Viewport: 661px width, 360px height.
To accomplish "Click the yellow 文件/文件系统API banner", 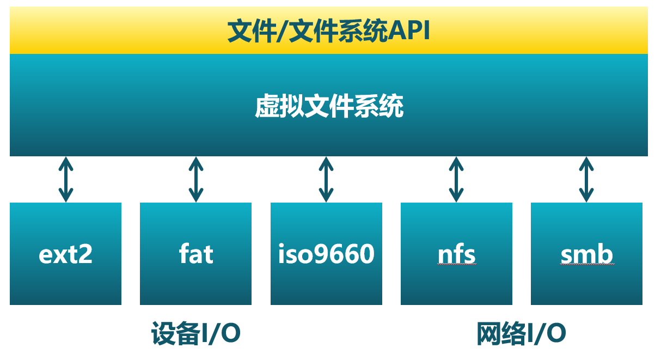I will pyautogui.click(x=329, y=31).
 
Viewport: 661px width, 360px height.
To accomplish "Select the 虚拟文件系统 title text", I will pyautogui.click(x=329, y=107).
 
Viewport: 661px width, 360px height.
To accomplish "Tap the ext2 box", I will pyautogui.click(x=65, y=254).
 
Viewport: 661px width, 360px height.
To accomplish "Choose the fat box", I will pyautogui.click(x=195, y=254).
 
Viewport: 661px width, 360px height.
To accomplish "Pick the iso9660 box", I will pyautogui.click(x=326, y=254).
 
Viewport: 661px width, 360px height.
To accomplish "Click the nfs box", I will pyautogui.click(x=456, y=254).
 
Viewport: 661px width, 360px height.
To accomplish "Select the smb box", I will pyautogui.click(x=586, y=254).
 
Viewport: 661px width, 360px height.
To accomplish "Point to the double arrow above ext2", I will pyautogui.click(x=66, y=179).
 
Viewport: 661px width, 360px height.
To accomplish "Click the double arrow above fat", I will pyautogui.click(x=196, y=179).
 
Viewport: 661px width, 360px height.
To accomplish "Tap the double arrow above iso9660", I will pyautogui.click(x=326, y=179).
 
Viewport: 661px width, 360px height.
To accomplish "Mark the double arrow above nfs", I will pyautogui.click(x=456, y=179).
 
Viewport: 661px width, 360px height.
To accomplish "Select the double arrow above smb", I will pyautogui.click(x=586, y=179).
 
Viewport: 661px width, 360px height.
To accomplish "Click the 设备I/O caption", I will pyautogui.click(x=195, y=334).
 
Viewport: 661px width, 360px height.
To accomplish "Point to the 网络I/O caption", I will pyautogui.click(x=521, y=334).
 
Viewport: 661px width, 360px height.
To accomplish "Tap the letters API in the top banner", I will pyautogui.click(x=410, y=32).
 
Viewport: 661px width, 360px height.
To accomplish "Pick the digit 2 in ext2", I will pyautogui.click(x=84, y=254).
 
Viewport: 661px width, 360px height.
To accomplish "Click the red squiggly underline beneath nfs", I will pyautogui.click(x=456, y=264).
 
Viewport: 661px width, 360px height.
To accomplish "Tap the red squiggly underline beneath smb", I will pyautogui.click(x=587, y=264).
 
